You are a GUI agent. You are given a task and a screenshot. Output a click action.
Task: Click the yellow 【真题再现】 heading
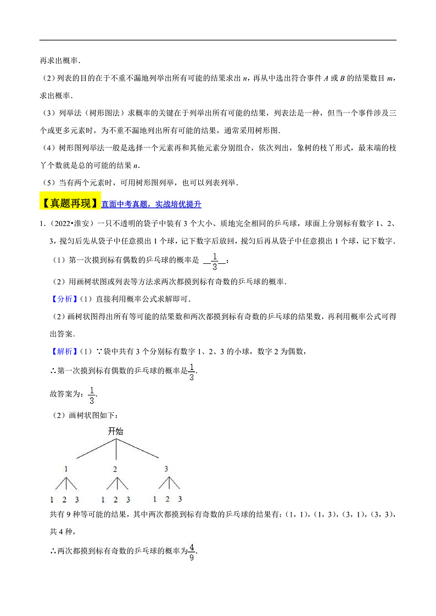(70, 204)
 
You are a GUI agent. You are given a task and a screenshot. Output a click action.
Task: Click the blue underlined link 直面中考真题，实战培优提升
(152, 205)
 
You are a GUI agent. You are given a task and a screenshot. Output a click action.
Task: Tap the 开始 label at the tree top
(115, 431)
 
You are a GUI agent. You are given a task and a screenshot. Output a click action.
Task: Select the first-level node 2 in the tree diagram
(115, 470)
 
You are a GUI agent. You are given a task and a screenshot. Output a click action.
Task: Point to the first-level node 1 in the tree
(66, 470)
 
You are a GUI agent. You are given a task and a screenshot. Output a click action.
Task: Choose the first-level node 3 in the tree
(166, 470)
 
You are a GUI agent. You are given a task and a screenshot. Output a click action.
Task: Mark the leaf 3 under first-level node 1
(77, 500)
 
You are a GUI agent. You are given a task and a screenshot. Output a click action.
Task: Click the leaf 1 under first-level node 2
(103, 500)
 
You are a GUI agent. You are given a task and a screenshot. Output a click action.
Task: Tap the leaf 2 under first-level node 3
(167, 499)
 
